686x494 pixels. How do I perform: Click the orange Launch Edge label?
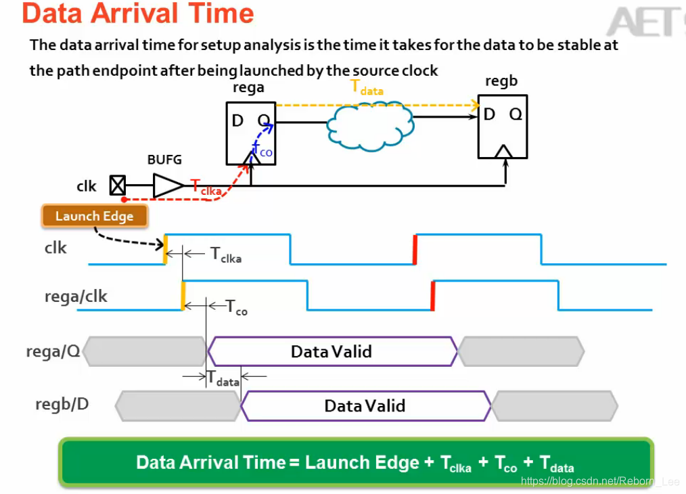pos(94,216)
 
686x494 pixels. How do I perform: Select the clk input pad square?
pos(118,185)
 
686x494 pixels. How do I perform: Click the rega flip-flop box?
pos(250,133)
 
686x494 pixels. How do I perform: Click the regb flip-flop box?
pos(502,127)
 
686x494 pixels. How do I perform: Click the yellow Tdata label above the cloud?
pos(366,87)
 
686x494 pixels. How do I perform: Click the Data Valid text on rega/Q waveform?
pos(331,351)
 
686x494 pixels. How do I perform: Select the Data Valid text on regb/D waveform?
pos(365,405)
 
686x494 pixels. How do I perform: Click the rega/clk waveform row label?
pos(75,296)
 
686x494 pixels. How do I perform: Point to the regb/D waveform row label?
pos(62,405)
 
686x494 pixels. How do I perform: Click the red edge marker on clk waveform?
pos(415,249)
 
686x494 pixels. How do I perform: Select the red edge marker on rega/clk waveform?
pos(432,295)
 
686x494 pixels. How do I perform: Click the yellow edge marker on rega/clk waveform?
pos(183,296)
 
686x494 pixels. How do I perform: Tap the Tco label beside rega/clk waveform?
pos(236,307)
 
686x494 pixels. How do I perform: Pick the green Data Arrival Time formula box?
pos(356,463)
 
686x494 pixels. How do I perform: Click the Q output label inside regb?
pos(516,114)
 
